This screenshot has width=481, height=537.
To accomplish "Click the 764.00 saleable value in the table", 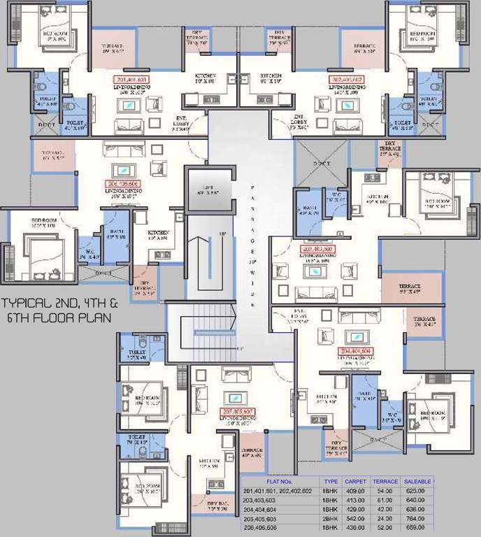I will tap(419, 520).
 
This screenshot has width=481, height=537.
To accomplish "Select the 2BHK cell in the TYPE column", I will tap(331, 520).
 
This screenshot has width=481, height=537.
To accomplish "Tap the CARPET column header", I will tap(355, 482).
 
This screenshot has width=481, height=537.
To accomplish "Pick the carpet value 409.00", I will tap(355, 492).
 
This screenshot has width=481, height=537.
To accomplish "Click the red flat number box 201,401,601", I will tap(131, 80).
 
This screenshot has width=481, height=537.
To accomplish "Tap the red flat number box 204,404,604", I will tap(354, 351).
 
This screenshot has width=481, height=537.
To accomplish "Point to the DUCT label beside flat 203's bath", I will tap(322, 163).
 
